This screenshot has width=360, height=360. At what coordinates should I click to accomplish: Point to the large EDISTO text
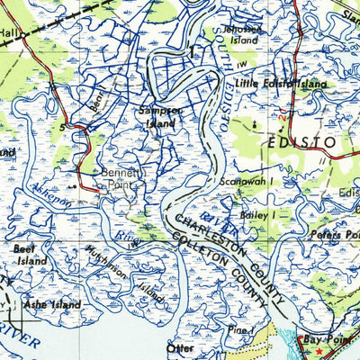click(301, 142)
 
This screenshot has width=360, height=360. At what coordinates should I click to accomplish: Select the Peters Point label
click(338, 233)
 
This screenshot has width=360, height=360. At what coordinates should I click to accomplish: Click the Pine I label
click(238, 330)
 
